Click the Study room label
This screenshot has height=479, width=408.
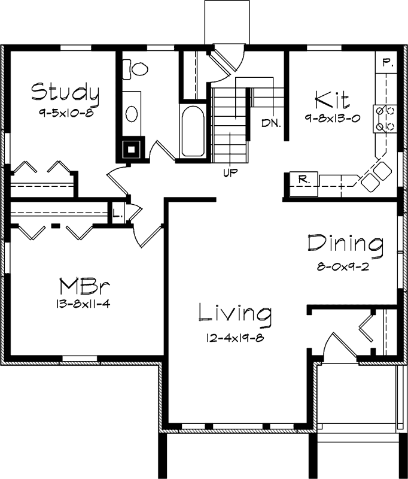[x=65, y=92]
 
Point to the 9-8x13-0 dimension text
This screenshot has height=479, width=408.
[x=331, y=118]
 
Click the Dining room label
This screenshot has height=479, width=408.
[x=345, y=244]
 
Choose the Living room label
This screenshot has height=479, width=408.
[x=235, y=313]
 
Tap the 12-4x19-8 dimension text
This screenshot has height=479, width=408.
[x=235, y=337]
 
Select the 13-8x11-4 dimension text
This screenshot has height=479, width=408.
[x=82, y=303]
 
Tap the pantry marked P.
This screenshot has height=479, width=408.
[x=387, y=62]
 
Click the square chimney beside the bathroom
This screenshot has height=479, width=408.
[x=131, y=149]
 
